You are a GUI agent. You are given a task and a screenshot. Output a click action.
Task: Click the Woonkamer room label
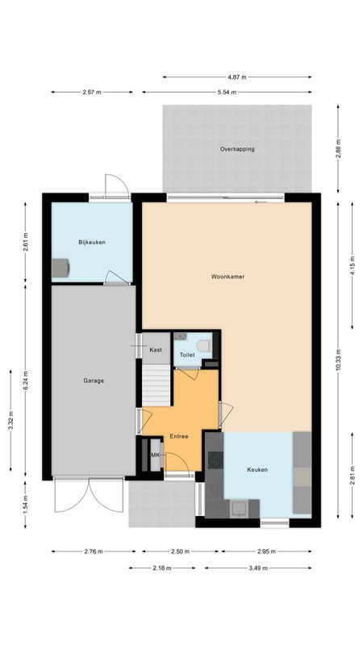click(x=228, y=277)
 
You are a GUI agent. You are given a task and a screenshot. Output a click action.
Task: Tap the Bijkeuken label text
click(x=92, y=243)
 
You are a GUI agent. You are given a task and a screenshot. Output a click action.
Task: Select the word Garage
click(x=93, y=381)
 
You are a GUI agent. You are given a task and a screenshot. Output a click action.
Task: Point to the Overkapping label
click(x=237, y=150)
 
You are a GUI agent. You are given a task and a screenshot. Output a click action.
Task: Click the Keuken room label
click(x=257, y=469)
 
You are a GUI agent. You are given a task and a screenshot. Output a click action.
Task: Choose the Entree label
click(x=178, y=436)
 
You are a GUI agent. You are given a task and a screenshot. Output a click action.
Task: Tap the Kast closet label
click(x=156, y=350)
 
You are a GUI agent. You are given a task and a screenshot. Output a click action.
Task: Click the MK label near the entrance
click(x=155, y=456)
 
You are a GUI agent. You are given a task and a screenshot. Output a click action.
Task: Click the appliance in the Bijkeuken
click(x=60, y=267)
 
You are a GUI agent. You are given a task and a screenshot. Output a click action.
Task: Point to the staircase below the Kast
click(x=156, y=385)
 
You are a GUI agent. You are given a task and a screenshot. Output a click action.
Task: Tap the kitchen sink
click(x=239, y=508)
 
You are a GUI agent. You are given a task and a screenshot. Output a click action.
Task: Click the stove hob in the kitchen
click(x=215, y=460)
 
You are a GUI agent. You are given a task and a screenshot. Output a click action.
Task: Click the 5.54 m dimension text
click(x=227, y=92)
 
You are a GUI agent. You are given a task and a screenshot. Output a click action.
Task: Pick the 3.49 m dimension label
click(x=258, y=568)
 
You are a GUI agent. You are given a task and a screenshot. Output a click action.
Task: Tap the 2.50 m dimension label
click(x=180, y=551)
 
